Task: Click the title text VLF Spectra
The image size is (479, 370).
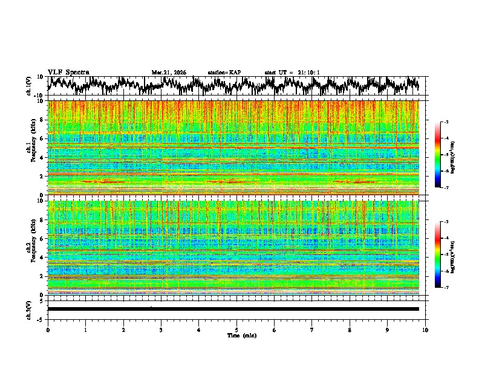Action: point(68,72)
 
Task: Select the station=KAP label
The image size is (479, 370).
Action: point(224,73)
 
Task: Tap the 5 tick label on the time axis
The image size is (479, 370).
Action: point(236,329)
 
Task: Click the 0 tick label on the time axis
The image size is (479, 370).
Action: point(48,329)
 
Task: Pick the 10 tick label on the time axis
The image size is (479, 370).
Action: point(425,329)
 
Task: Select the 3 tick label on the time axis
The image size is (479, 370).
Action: point(161,329)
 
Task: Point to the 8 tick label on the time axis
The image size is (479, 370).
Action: point(350,329)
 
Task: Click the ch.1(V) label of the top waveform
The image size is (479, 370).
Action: point(29,86)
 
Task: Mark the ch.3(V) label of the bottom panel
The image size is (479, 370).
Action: point(29,309)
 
